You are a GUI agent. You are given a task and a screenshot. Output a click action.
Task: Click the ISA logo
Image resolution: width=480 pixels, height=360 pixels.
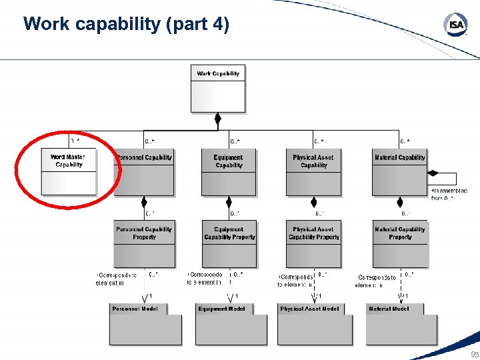pyautogui.click(x=456, y=25)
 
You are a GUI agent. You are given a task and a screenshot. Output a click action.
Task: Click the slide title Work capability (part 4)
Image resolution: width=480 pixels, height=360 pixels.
pyautogui.click(x=126, y=25)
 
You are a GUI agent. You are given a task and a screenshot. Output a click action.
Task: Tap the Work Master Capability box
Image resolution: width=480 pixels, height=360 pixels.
pyautogui.click(x=68, y=171)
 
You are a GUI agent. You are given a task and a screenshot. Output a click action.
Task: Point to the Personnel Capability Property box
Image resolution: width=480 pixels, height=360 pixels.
pyautogui.click(x=144, y=243)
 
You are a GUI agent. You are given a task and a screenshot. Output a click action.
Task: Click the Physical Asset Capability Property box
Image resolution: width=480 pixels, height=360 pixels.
pyautogui.click(x=314, y=243)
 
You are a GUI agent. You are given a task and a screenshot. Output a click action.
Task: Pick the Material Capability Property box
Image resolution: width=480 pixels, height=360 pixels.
pyautogui.click(x=400, y=243)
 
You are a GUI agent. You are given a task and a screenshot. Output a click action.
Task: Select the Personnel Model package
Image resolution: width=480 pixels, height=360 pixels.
pyautogui.click(x=145, y=325)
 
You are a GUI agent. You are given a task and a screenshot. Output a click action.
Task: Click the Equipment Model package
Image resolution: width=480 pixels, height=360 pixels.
pyautogui.click(x=232, y=325)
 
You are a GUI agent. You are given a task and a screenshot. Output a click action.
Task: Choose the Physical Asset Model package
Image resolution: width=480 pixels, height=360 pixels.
pyautogui.click(x=315, y=325)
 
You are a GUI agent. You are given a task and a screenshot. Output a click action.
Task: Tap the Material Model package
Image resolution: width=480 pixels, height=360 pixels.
pyautogui.click(x=403, y=325)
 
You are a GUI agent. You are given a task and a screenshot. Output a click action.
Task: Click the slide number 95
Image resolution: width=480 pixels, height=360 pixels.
pyautogui.click(x=474, y=354)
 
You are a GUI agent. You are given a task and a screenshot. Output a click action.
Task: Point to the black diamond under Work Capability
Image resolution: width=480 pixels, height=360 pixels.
pyautogui.click(x=217, y=120)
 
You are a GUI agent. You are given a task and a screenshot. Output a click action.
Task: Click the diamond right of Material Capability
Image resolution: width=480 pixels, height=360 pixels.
pyautogui.click(x=433, y=173)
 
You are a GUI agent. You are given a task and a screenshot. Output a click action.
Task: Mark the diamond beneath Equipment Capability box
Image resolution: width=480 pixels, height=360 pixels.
pyautogui.click(x=229, y=202)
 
